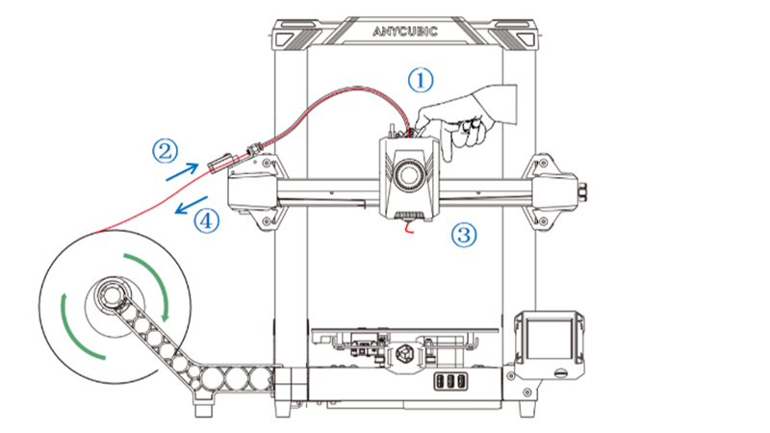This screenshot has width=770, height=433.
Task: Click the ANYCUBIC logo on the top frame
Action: point(404,31)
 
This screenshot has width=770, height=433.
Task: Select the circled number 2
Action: point(166,150)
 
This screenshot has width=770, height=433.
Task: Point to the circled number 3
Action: point(466,233)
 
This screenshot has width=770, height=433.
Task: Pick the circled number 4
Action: point(206,220)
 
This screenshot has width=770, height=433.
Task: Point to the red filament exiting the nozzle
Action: point(411,228)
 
